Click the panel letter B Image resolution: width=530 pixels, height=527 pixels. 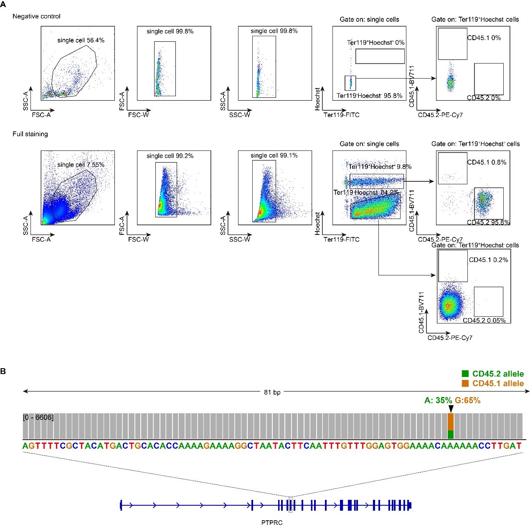click(x=3, y=371)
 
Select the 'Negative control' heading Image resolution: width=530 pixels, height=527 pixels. click(x=36, y=16)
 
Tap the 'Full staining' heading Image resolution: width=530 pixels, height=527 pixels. click(x=30, y=134)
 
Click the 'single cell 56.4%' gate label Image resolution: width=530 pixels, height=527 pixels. click(x=81, y=41)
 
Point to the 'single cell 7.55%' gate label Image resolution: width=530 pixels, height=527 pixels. click(x=81, y=165)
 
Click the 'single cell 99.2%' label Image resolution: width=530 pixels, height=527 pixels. click(x=170, y=156)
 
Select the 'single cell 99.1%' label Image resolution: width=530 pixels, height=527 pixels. click(x=274, y=155)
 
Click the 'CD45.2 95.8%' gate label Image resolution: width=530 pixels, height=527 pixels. click(x=488, y=222)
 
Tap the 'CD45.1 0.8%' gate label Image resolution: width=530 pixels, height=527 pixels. click(x=487, y=162)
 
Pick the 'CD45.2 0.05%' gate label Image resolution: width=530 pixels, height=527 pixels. click(x=484, y=321)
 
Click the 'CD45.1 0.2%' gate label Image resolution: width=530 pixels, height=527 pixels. click(x=488, y=260)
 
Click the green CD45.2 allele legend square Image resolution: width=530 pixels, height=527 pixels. click(x=465, y=374)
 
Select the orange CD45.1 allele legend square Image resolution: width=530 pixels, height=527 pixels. click(x=465, y=383)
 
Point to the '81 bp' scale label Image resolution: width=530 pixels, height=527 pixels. click(x=272, y=392)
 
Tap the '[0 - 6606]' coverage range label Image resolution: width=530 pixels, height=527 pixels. click(x=38, y=418)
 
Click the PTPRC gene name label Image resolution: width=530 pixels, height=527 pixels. click(x=272, y=522)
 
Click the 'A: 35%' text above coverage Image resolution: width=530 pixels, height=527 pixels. click(x=438, y=400)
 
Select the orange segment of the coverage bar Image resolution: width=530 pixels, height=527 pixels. click(x=450, y=422)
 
